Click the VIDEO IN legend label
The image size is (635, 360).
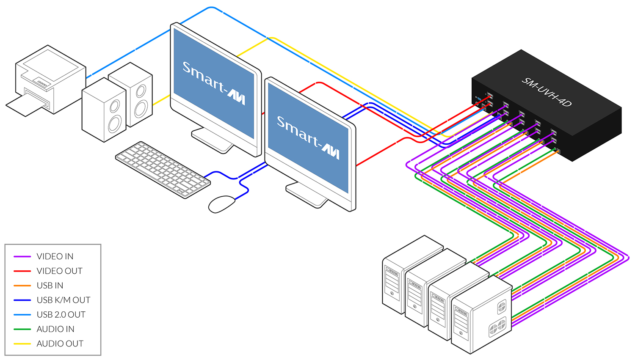(55, 256)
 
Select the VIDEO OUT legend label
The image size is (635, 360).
(59, 271)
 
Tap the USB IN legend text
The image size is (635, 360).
(50, 286)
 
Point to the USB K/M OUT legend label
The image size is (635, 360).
(63, 300)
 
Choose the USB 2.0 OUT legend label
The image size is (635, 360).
(61, 315)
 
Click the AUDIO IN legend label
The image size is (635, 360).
(55, 329)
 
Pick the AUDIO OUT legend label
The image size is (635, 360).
(60, 344)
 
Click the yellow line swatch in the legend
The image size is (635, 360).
(22, 344)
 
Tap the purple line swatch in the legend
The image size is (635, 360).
(22, 256)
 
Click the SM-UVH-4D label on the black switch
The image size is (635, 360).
(547, 92)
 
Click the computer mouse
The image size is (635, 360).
(222, 204)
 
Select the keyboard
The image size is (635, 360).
(163, 169)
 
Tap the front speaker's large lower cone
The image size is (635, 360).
(114, 124)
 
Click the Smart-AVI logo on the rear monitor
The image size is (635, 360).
(214, 82)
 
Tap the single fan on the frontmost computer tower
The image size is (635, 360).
(502, 306)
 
